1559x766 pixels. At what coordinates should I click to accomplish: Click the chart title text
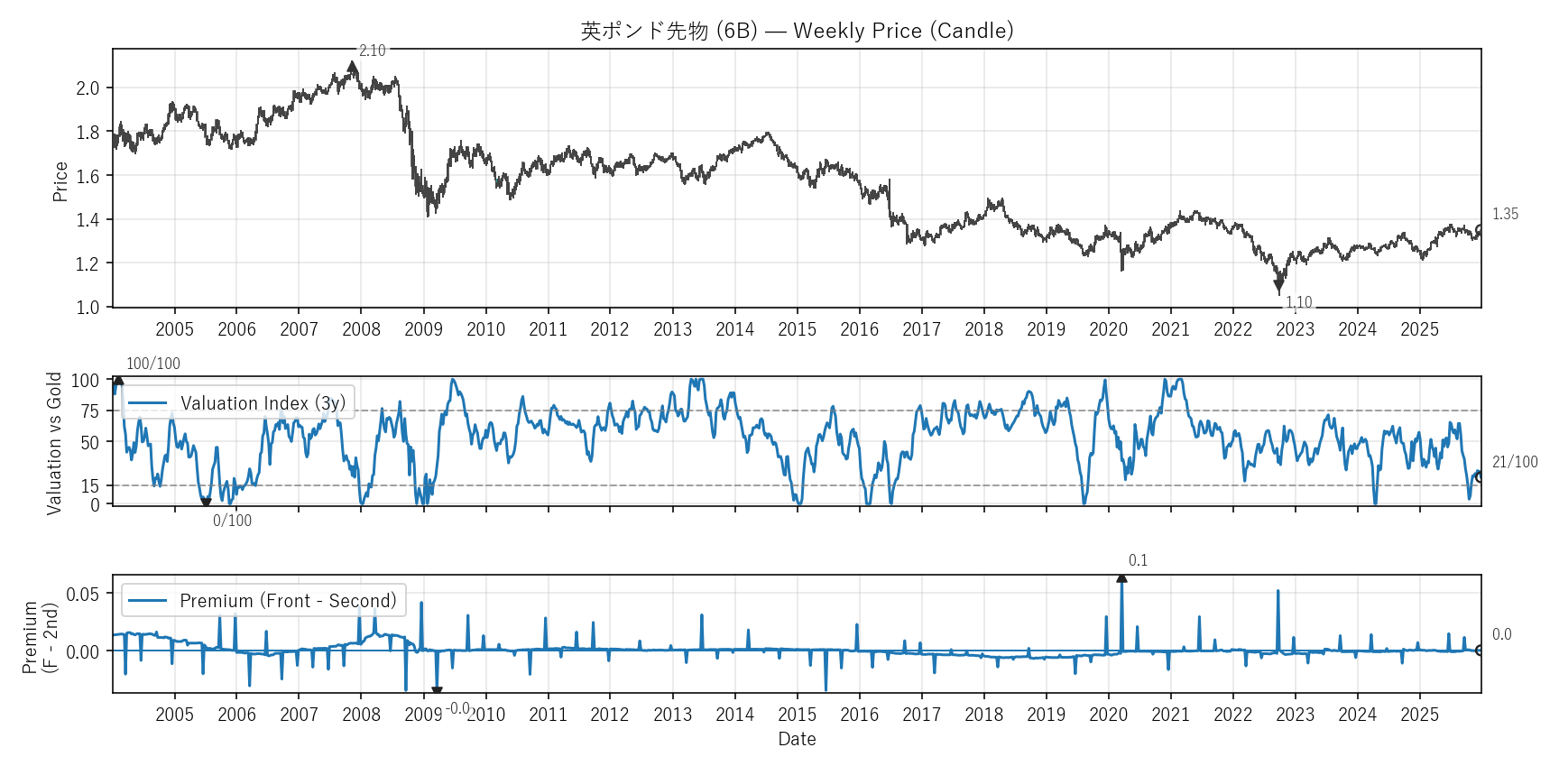[797, 31]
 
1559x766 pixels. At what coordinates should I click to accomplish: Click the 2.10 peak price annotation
[372, 51]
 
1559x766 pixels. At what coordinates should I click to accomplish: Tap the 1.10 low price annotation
[1298, 302]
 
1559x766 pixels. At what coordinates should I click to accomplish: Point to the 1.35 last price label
[1504, 214]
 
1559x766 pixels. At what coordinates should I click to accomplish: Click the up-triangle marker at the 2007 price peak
[353, 67]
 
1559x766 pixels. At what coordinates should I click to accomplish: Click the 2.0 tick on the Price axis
[88, 88]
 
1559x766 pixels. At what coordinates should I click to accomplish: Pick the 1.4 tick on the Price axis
[88, 220]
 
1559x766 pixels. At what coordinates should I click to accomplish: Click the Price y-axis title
[60, 181]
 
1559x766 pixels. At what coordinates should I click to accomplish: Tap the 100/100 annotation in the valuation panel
[152, 364]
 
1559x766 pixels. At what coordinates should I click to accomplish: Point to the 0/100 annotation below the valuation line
[232, 521]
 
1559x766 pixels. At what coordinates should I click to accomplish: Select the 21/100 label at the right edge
[1514, 462]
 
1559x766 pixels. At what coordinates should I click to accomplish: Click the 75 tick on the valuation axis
[89, 411]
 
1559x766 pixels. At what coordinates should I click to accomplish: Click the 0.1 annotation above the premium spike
[1138, 560]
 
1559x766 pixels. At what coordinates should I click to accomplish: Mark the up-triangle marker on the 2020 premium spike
[1121, 577]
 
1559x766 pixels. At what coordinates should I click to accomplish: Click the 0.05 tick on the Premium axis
[83, 594]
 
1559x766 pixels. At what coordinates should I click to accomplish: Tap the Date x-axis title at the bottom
[797, 739]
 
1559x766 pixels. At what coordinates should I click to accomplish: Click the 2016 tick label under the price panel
[859, 329]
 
